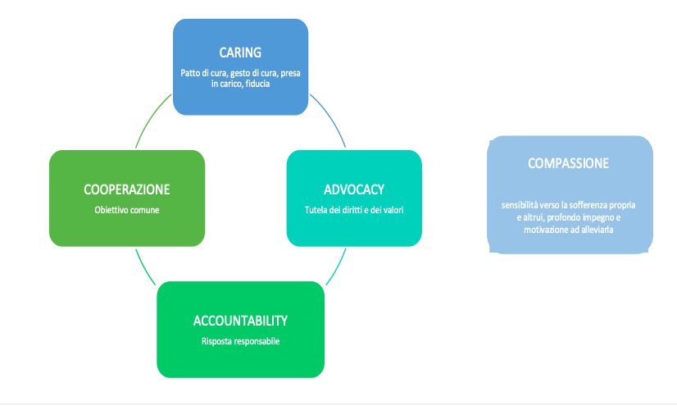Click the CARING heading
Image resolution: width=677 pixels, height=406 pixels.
(x=240, y=52)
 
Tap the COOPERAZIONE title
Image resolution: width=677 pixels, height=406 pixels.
(x=127, y=189)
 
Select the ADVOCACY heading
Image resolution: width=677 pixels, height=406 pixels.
(x=354, y=189)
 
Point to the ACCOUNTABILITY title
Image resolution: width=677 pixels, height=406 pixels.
(x=240, y=321)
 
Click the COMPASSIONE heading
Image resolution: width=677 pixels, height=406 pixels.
(x=568, y=163)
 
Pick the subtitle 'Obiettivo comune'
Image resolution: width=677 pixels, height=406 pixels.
(x=127, y=210)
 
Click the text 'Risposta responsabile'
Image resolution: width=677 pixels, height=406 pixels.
(x=240, y=342)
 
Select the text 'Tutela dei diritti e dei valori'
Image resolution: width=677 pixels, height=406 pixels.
(x=354, y=210)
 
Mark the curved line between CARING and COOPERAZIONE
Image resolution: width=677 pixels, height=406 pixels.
(x=151, y=119)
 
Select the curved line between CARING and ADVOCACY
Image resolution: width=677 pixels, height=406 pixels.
(x=330, y=118)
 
